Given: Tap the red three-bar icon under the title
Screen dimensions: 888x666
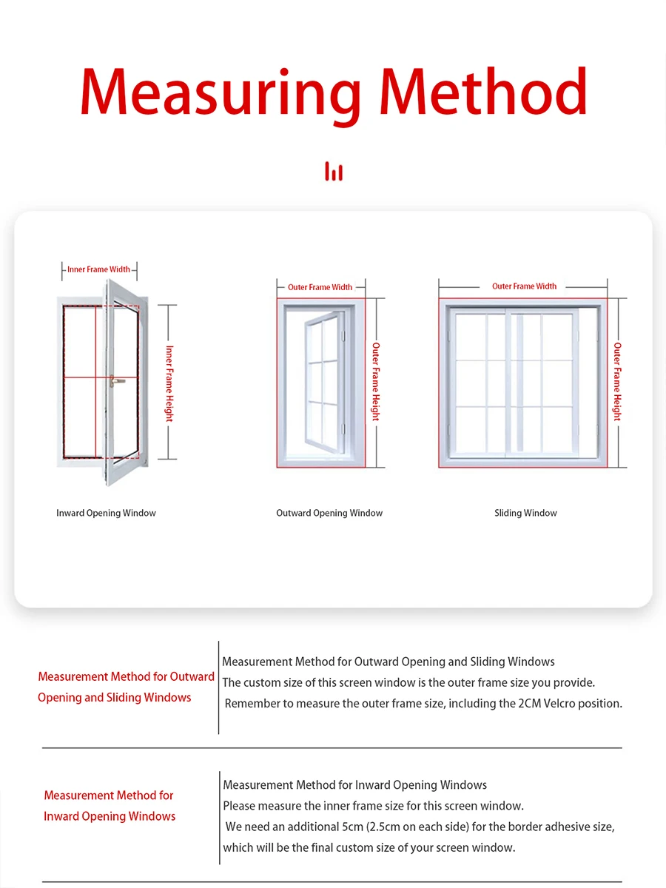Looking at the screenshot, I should (334, 172).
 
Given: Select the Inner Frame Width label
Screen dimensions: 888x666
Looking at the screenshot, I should (98, 269).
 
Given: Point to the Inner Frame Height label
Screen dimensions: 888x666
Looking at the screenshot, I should (169, 383).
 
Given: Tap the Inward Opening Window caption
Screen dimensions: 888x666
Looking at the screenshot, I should (106, 513).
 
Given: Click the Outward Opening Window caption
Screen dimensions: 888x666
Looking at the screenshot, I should (329, 513).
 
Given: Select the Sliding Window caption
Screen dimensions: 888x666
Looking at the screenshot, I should (525, 513).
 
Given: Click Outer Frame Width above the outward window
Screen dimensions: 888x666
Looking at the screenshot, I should (320, 287).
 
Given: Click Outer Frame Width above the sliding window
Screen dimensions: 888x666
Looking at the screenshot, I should (524, 286).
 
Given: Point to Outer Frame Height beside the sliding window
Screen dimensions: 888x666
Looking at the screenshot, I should (617, 382).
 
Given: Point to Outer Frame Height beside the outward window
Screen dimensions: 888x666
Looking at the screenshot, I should (376, 382).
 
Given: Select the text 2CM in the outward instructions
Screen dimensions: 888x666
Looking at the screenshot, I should (533, 703).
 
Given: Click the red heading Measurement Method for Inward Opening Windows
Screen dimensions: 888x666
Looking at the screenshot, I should (110, 806).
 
